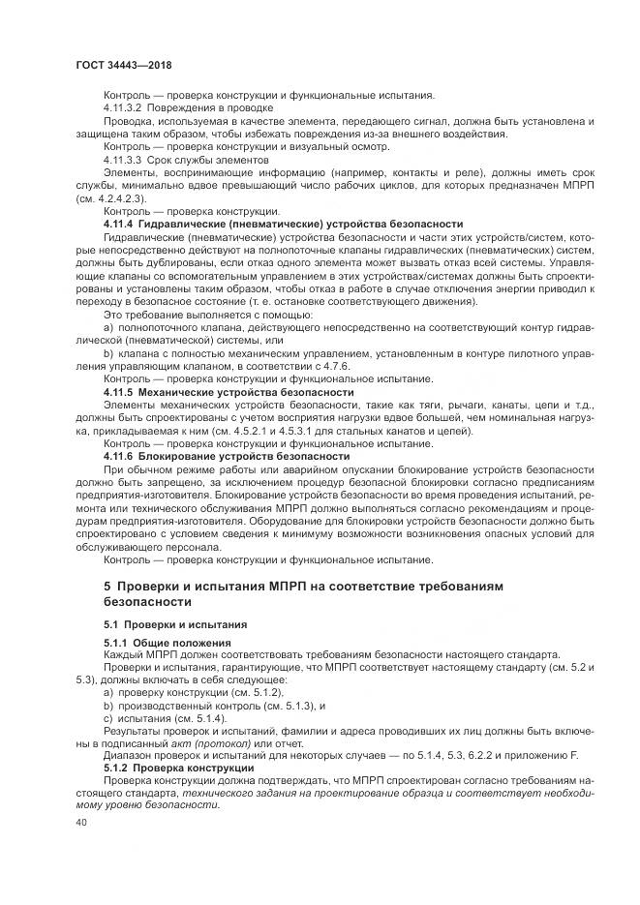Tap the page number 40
81,821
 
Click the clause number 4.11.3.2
122,108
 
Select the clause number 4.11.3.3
122,159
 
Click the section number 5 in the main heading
107,587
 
